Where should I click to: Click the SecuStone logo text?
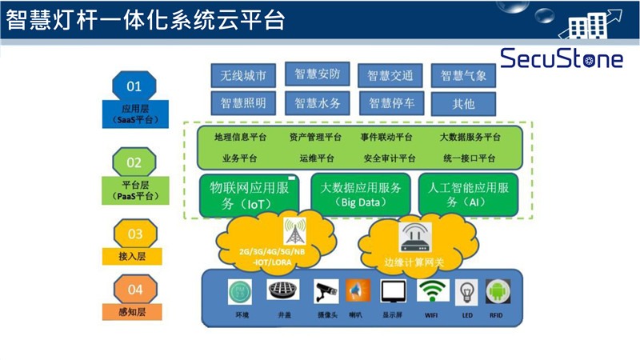coord(563,58)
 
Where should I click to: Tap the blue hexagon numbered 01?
coord(134,86)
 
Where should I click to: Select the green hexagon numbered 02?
coord(134,162)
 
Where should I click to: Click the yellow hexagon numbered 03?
coord(134,234)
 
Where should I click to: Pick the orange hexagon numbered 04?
coord(134,289)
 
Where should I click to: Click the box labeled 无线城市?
coord(243,76)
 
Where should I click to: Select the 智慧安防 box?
coord(317,75)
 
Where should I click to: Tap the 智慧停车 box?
coord(390,103)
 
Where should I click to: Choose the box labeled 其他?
coord(463,103)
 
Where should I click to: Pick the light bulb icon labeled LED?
coord(466,292)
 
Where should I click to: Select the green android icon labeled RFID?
coord(498,292)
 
